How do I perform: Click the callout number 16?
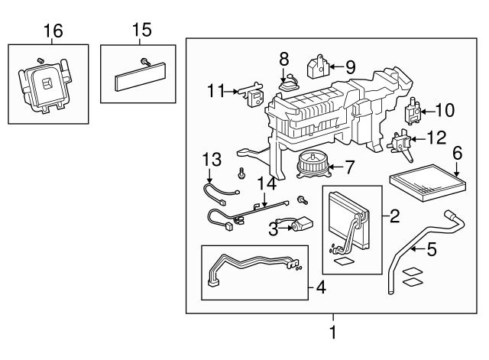pyautogui.click(x=53, y=31)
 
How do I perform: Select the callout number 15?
pyautogui.click(x=141, y=31)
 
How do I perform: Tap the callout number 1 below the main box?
pyautogui.click(x=332, y=333)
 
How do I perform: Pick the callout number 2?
pyautogui.click(x=394, y=216)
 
